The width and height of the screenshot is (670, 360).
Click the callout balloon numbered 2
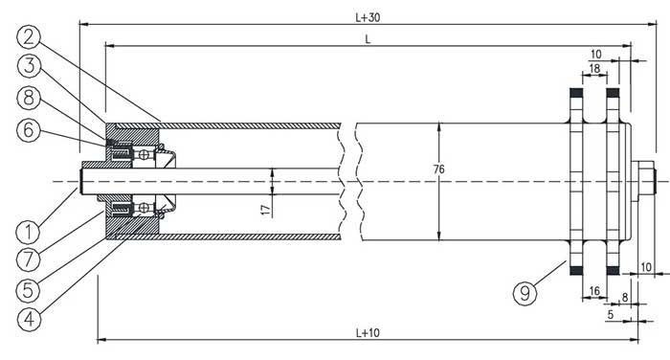pyautogui.click(x=28, y=37)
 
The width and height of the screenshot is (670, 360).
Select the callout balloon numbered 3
pyautogui.click(x=29, y=66)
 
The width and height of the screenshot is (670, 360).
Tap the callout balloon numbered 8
pyautogui.click(x=29, y=98)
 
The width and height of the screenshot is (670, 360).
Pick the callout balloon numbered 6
pyautogui.click(x=29, y=129)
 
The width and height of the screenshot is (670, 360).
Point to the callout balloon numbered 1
pyautogui.click(x=28, y=233)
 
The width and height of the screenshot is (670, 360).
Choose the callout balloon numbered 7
pyautogui.click(x=28, y=259)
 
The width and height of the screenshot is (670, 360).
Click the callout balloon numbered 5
pyautogui.click(x=28, y=290)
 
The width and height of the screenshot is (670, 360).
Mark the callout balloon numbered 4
pyautogui.click(x=29, y=319)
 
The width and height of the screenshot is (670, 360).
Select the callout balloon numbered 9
pyautogui.click(x=525, y=293)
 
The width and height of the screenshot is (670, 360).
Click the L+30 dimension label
pyautogui.click(x=368, y=17)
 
